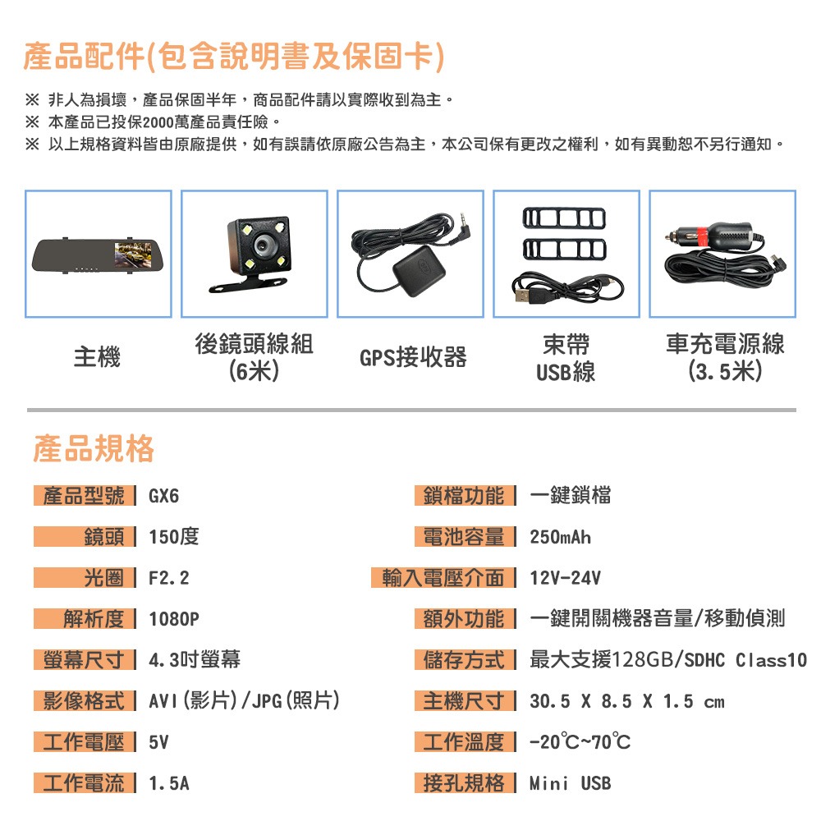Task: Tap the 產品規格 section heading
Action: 94,449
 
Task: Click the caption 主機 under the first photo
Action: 97,358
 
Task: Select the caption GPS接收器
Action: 413,358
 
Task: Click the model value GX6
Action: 163,497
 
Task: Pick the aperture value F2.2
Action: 169,578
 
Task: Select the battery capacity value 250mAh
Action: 561,538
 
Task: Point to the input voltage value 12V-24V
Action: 566,578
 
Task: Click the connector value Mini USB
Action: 570,783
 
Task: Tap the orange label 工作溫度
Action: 465,742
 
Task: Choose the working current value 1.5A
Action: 169,783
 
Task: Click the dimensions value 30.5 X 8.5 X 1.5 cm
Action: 627,701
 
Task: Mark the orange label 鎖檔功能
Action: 465,497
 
